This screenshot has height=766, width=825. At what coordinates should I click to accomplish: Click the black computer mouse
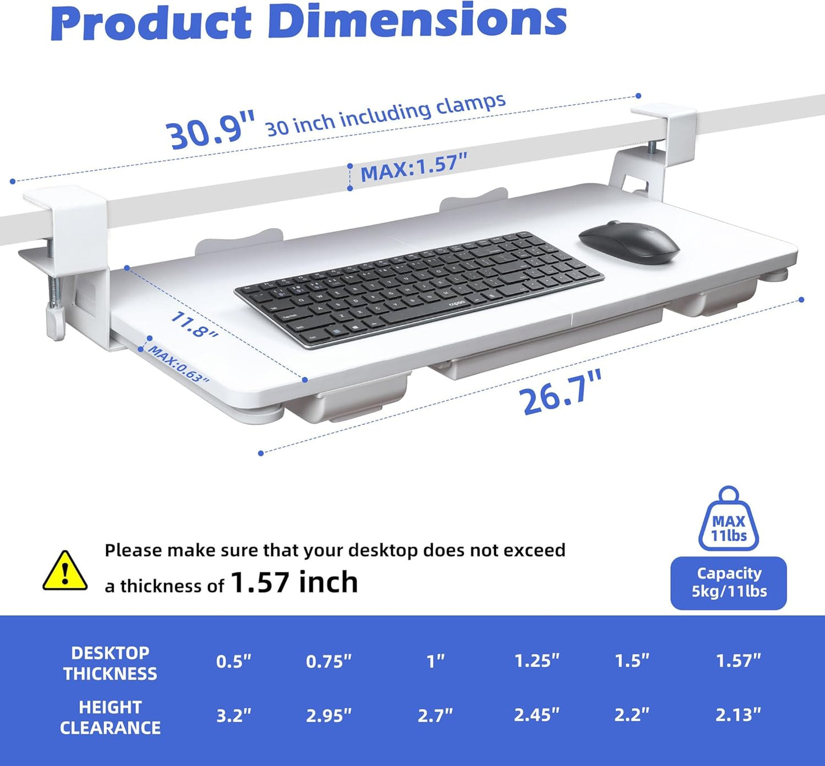point(629,243)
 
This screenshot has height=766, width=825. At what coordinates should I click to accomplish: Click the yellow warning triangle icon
point(65,571)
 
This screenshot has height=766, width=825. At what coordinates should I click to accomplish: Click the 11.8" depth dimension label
point(194,325)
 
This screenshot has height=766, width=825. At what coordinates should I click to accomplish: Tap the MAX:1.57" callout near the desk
point(414,167)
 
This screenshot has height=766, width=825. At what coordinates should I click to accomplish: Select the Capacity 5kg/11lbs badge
point(729,583)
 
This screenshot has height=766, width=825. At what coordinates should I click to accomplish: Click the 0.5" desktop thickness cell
point(234,662)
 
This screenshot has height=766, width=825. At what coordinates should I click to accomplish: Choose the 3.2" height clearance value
point(234,715)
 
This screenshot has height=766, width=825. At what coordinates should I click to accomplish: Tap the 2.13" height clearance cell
point(738,715)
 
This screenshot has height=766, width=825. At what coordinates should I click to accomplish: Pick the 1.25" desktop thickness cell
point(537,661)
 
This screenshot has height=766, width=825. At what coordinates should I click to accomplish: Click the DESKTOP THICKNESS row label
point(110,663)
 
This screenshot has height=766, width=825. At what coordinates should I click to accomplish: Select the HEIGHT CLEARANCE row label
point(110,717)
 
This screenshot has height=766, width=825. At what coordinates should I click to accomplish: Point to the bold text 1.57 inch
point(294,582)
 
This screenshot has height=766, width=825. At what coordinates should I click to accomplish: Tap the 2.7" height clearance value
point(435,715)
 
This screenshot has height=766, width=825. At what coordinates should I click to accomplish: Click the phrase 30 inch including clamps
point(386,115)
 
